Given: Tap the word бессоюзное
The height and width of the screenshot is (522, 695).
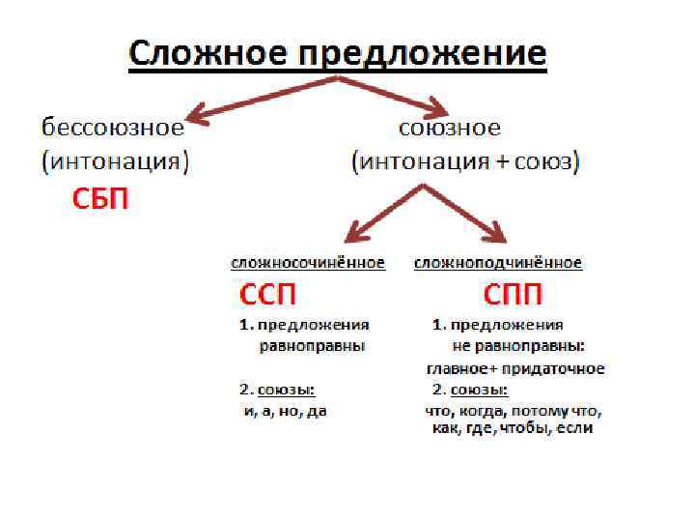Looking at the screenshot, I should pyautogui.click(x=111, y=128).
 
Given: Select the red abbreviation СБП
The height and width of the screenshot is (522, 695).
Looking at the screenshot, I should pyautogui.click(x=101, y=200).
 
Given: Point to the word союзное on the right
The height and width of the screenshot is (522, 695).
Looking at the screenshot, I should pyautogui.click(x=450, y=128).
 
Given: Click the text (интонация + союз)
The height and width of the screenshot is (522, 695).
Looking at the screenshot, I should pyautogui.click(x=464, y=161).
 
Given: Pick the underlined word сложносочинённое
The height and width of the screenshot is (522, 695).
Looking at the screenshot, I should pyautogui.click(x=308, y=262).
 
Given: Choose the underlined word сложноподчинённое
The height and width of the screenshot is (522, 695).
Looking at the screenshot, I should pyautogui.click(x=498, y=262).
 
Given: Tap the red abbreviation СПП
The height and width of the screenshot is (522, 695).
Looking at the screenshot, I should pyautogui.click(x=512, y=294).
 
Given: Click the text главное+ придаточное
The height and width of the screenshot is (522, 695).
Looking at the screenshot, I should pyautogui.click(x=515, y=368).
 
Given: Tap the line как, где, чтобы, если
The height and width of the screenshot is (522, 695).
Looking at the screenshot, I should pyautogui.click(x=512, y=428).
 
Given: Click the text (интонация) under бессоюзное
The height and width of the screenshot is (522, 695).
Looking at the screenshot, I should pyautogui.click(x=115, y=161).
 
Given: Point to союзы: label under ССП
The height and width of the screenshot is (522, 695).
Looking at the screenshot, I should pyautogui.click(x=286, y=390).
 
